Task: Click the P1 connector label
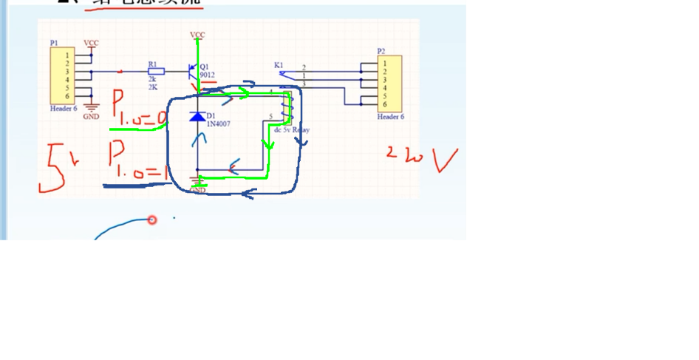pyautogui.click(x=54, y=43)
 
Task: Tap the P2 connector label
pyautogui.click(x=381, y=51)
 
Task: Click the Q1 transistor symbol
pyautogui.click(x=194, y=72)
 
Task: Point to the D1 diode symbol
pyautogui.click(x=197, y=117)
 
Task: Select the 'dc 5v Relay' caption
pyautogui.click(x=292, y=129)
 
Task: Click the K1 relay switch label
pyautogui.click(x=279, y=65)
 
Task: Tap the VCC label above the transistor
pyautogui.click(x=197, y=35)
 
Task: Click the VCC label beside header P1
pyautogui.click(x=91, y=43)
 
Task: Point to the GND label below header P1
pyautogui.click(x=91, y=117)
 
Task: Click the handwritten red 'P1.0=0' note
pyautogui.click(x=139, y=109)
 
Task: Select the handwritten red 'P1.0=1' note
pyautogui.click(x=138, y=160)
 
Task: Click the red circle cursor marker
pyautogui.click(x=152, y=220)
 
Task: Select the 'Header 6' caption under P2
pyautogui.click(x=390, y=117)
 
